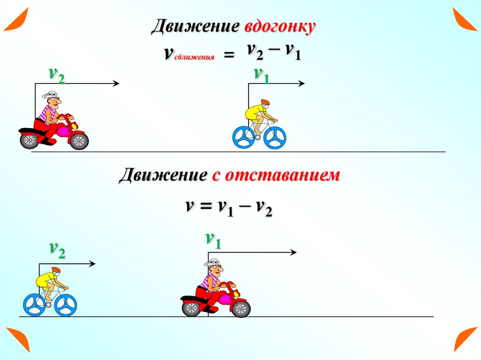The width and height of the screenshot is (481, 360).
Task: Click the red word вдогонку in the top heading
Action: [279, 27]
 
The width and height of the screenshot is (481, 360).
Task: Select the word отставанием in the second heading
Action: [282, 176]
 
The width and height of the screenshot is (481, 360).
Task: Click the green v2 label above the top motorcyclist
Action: [56, 75]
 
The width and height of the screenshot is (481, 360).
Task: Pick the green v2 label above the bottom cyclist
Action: [57, 251]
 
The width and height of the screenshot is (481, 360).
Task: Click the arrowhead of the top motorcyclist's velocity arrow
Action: [116, 84]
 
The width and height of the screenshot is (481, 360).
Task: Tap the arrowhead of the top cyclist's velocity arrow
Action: [302, 84]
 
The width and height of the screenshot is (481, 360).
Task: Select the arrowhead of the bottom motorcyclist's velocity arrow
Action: [293, 253]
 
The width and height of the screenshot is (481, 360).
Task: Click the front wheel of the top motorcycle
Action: [78, 140]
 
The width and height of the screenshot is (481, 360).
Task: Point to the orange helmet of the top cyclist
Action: [265, 102]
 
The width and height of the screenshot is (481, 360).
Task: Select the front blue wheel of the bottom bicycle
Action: [65, 305]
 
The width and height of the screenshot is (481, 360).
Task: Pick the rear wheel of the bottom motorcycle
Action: [191, 308]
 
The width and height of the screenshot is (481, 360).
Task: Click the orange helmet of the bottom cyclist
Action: [56, 270]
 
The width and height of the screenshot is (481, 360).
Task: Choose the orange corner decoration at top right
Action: [465, 19]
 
